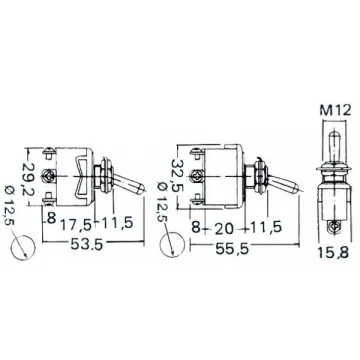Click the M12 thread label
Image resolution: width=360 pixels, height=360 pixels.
336,110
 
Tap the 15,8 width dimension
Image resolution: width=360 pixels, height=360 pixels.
332,252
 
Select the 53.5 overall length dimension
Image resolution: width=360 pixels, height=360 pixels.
86,245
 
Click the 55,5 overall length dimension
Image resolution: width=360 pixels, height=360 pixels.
232,249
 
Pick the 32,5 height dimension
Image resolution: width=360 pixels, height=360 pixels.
179,174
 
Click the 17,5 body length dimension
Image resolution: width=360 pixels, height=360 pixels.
75,225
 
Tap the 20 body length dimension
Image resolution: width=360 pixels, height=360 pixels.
224,229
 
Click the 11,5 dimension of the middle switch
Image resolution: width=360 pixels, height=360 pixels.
266,227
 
